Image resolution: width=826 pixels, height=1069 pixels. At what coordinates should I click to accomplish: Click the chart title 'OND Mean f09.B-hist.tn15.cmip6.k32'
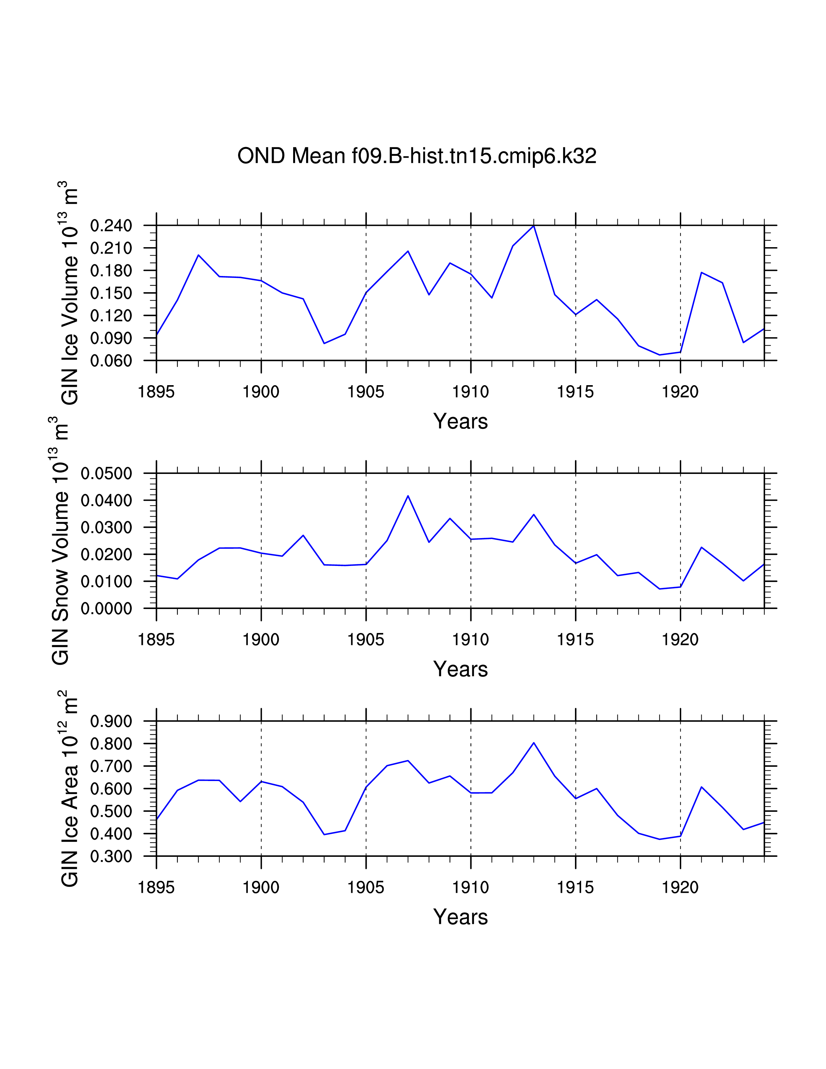click(x=417, y=156)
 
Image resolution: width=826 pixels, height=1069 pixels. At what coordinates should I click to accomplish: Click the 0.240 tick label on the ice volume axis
click(x=111, y=226)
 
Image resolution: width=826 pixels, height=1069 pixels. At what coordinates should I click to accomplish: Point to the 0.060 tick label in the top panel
click(x=111, y=361)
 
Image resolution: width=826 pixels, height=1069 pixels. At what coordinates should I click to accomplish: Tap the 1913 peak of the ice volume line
click(x=534, y=226)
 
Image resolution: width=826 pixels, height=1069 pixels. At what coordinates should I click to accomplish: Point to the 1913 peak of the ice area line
click(x=534, y=743)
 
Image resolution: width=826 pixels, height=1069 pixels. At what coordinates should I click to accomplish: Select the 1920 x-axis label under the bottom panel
click(x=680, y=887)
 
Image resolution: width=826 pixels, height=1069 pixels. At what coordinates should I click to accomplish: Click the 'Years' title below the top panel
click(x=461, y=421)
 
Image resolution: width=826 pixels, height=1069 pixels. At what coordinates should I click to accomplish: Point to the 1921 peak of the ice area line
click(x=701, y=787)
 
